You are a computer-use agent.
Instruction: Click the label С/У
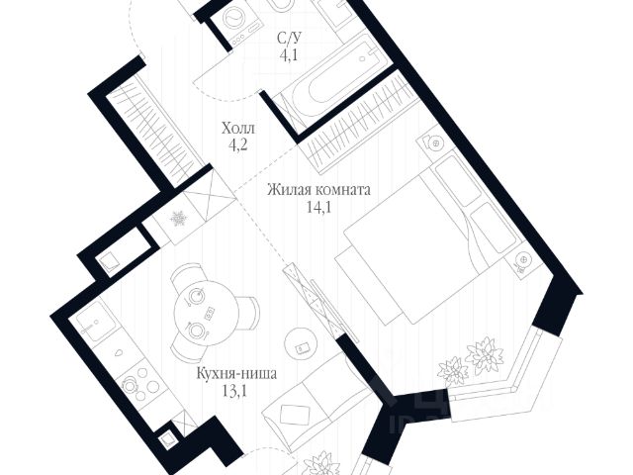coord(289,38)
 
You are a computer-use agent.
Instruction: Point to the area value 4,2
coord(237,145)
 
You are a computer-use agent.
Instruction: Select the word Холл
coord(237,129)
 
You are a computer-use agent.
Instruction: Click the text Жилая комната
coord(317,191)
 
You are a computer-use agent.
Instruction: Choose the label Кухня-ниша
coord(235,374)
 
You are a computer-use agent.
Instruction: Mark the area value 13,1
coord(235,391)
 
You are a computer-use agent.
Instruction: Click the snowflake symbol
coord(179,219)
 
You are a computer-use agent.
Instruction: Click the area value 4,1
coord(289,54)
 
